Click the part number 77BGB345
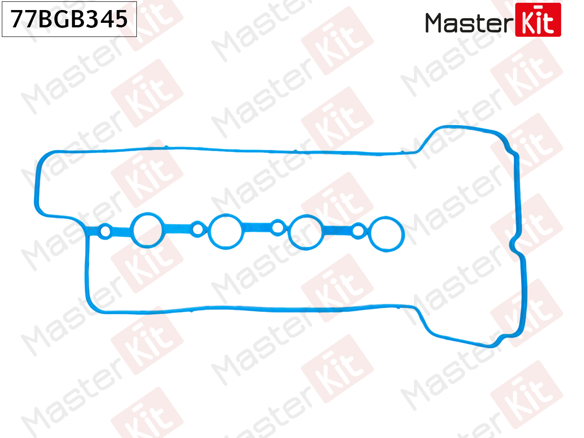[x=69, y=19]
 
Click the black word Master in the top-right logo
[x=469, y=22]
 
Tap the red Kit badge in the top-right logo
[x=538, y=20]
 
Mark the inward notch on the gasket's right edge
[x=513, y=244]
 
